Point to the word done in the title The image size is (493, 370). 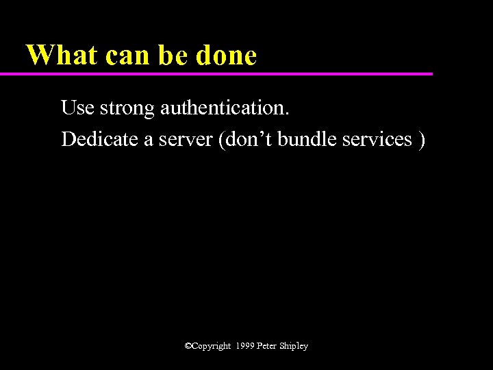226,56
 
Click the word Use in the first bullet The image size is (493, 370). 77,108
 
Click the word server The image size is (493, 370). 186,140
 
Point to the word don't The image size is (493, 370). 246,139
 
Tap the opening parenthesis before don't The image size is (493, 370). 219,140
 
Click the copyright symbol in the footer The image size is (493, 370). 188,346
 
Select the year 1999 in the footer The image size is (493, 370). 244,346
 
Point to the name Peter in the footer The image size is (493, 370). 267,346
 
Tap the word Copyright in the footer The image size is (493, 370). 212,347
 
